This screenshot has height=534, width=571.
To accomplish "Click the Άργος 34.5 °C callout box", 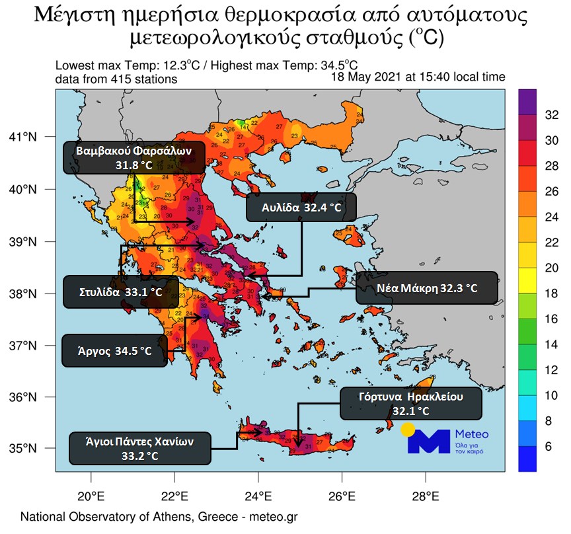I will click(114, 351).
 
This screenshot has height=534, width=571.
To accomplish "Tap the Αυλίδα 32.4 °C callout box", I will click(301, 208).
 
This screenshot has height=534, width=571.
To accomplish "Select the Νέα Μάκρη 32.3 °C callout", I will click(426, 288).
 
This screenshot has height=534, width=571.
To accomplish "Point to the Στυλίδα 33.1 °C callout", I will click(121, 291).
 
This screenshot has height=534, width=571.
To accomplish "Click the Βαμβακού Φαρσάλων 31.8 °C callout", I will click(134, 157).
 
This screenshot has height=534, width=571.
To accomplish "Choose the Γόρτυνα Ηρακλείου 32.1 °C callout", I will click(410, 403).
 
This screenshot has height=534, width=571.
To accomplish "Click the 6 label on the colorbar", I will click(549, 447).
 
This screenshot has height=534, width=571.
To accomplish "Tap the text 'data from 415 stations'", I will click(116, 79).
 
